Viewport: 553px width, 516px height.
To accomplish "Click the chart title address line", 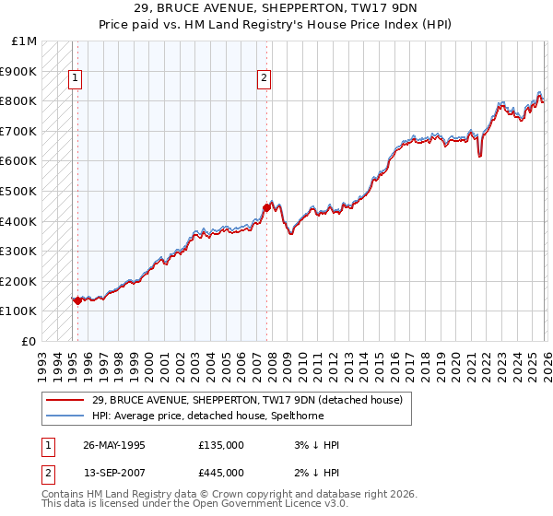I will point(276,9).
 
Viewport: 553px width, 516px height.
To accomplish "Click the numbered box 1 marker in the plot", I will point(75,78).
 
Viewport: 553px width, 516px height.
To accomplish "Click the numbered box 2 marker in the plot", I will point(264,78).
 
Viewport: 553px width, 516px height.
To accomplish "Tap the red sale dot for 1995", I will point(77,300).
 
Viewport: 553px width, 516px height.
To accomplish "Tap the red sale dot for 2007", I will point(266,208).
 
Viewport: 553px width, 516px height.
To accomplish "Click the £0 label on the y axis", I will point(29,341).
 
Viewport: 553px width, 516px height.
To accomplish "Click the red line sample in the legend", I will point(65,400).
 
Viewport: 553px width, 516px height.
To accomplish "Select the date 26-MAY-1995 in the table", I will point(114,445).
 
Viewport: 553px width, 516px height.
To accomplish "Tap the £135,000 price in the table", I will point(220,445).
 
